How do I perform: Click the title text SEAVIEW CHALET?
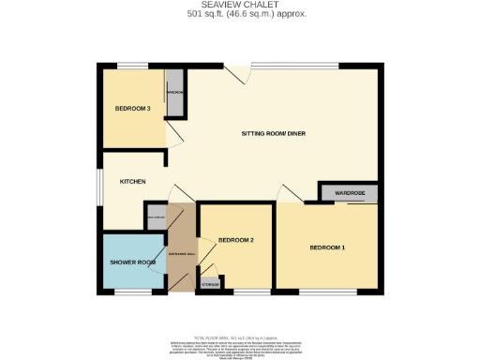point(239,6)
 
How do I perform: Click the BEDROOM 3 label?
point(133,109)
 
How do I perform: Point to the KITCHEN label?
point(131,181)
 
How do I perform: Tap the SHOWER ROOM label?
point(131,262)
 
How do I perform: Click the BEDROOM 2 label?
point(236,241)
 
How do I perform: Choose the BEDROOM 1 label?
point(328,247)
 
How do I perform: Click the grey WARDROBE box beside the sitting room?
point(349,193)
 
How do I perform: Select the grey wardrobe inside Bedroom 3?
point(175,93)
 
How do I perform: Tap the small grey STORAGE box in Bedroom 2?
point(211,283)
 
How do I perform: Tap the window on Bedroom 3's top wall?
point(132,65)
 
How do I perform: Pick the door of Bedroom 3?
point(173,136)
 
